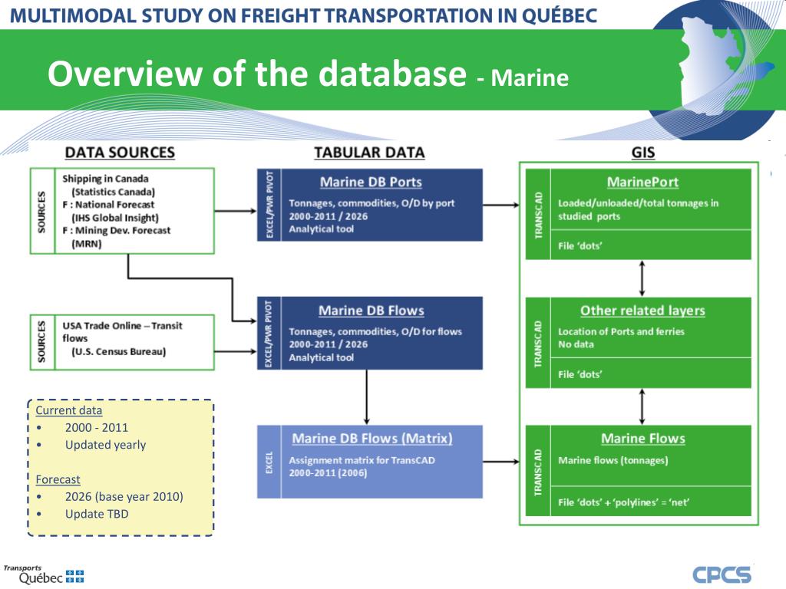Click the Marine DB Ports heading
371,183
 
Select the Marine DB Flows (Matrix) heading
372,439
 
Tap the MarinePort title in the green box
642,183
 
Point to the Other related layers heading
642,311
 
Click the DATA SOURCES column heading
120,153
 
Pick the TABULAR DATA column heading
369,153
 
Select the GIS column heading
642,153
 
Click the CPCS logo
722,574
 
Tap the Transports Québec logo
43,574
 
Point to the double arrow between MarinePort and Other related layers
642,278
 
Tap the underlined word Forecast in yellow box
58,479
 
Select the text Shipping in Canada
105,179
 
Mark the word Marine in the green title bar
530,77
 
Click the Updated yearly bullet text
105,445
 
